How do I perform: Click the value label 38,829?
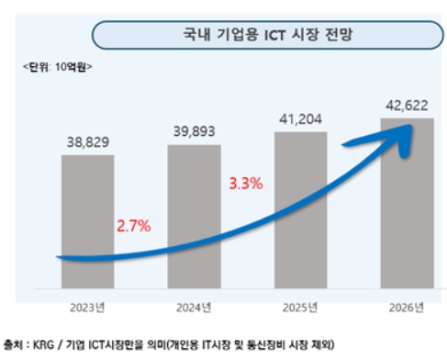tap(88, 142)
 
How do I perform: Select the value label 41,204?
tap(301, 119)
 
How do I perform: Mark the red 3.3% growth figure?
tap(245, 184)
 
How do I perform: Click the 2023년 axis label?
tap(88, 306)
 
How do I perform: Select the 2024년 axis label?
tap(195, 306)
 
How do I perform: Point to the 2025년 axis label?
tap(301, 306)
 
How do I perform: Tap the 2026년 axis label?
tap(408, 306)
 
